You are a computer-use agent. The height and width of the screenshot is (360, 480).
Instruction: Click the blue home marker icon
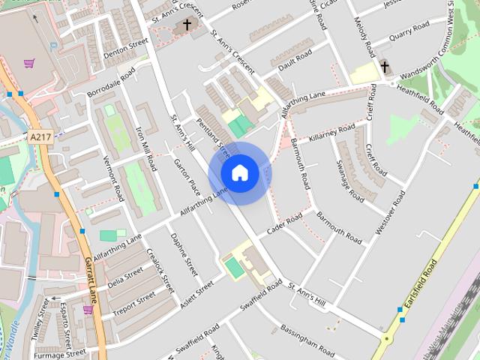(x=239, y=172)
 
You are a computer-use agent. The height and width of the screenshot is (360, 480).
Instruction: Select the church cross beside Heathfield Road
(x=385, y=67)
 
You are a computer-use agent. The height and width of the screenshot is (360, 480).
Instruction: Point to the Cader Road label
(x=283, y=222)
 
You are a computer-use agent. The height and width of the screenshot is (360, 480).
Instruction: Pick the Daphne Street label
(x=184, y=253)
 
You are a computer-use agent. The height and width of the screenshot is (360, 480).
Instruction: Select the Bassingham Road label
(x=307, y=339)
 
